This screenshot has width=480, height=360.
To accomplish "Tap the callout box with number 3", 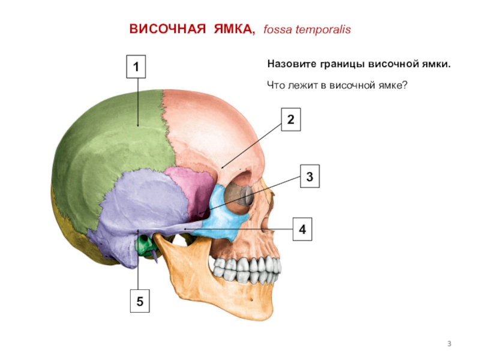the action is [x=309, y=177].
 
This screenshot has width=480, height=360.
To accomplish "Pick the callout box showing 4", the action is [x=302, y=230].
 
